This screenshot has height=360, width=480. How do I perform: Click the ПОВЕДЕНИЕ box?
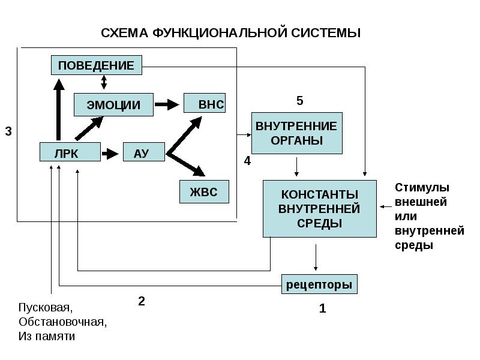[x=97, y=65]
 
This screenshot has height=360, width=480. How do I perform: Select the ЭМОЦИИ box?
[x=113, y=104]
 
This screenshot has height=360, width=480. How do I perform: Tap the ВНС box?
[x=205, y=103]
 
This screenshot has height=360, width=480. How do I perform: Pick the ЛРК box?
[x=70, y=152]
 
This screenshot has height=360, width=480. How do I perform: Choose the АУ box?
[x=144, y=152]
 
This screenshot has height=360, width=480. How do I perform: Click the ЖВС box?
[x=204, y=191]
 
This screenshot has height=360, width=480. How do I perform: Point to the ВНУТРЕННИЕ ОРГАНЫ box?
[x=297, y=133]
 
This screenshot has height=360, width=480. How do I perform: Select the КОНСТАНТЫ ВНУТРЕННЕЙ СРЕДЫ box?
[x=320, y=209]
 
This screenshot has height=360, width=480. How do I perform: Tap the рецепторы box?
[x=319, y=284]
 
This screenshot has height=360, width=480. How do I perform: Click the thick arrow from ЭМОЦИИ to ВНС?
[x=167, y=104]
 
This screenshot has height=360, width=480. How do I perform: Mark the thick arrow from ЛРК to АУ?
[x=110, y=154]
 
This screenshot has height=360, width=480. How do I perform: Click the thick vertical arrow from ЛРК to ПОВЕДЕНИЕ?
[x=59, y=110]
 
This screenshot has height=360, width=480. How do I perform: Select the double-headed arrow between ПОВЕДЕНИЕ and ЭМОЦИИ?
[x=104, y=82]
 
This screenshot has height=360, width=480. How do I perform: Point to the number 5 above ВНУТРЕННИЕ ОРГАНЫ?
[x=299, y=101]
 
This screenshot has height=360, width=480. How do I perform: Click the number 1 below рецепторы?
[x=322, y=308]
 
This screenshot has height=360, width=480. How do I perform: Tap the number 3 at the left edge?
[x=8, y=131]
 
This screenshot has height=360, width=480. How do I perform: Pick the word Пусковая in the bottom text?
[x=46, y=308]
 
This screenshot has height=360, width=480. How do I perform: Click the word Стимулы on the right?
[x=422, y=187]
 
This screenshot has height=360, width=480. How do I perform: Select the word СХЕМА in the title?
[x=125, y=33]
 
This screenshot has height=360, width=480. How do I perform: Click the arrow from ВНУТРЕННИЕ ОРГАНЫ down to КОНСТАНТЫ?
[x=296, y=167]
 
